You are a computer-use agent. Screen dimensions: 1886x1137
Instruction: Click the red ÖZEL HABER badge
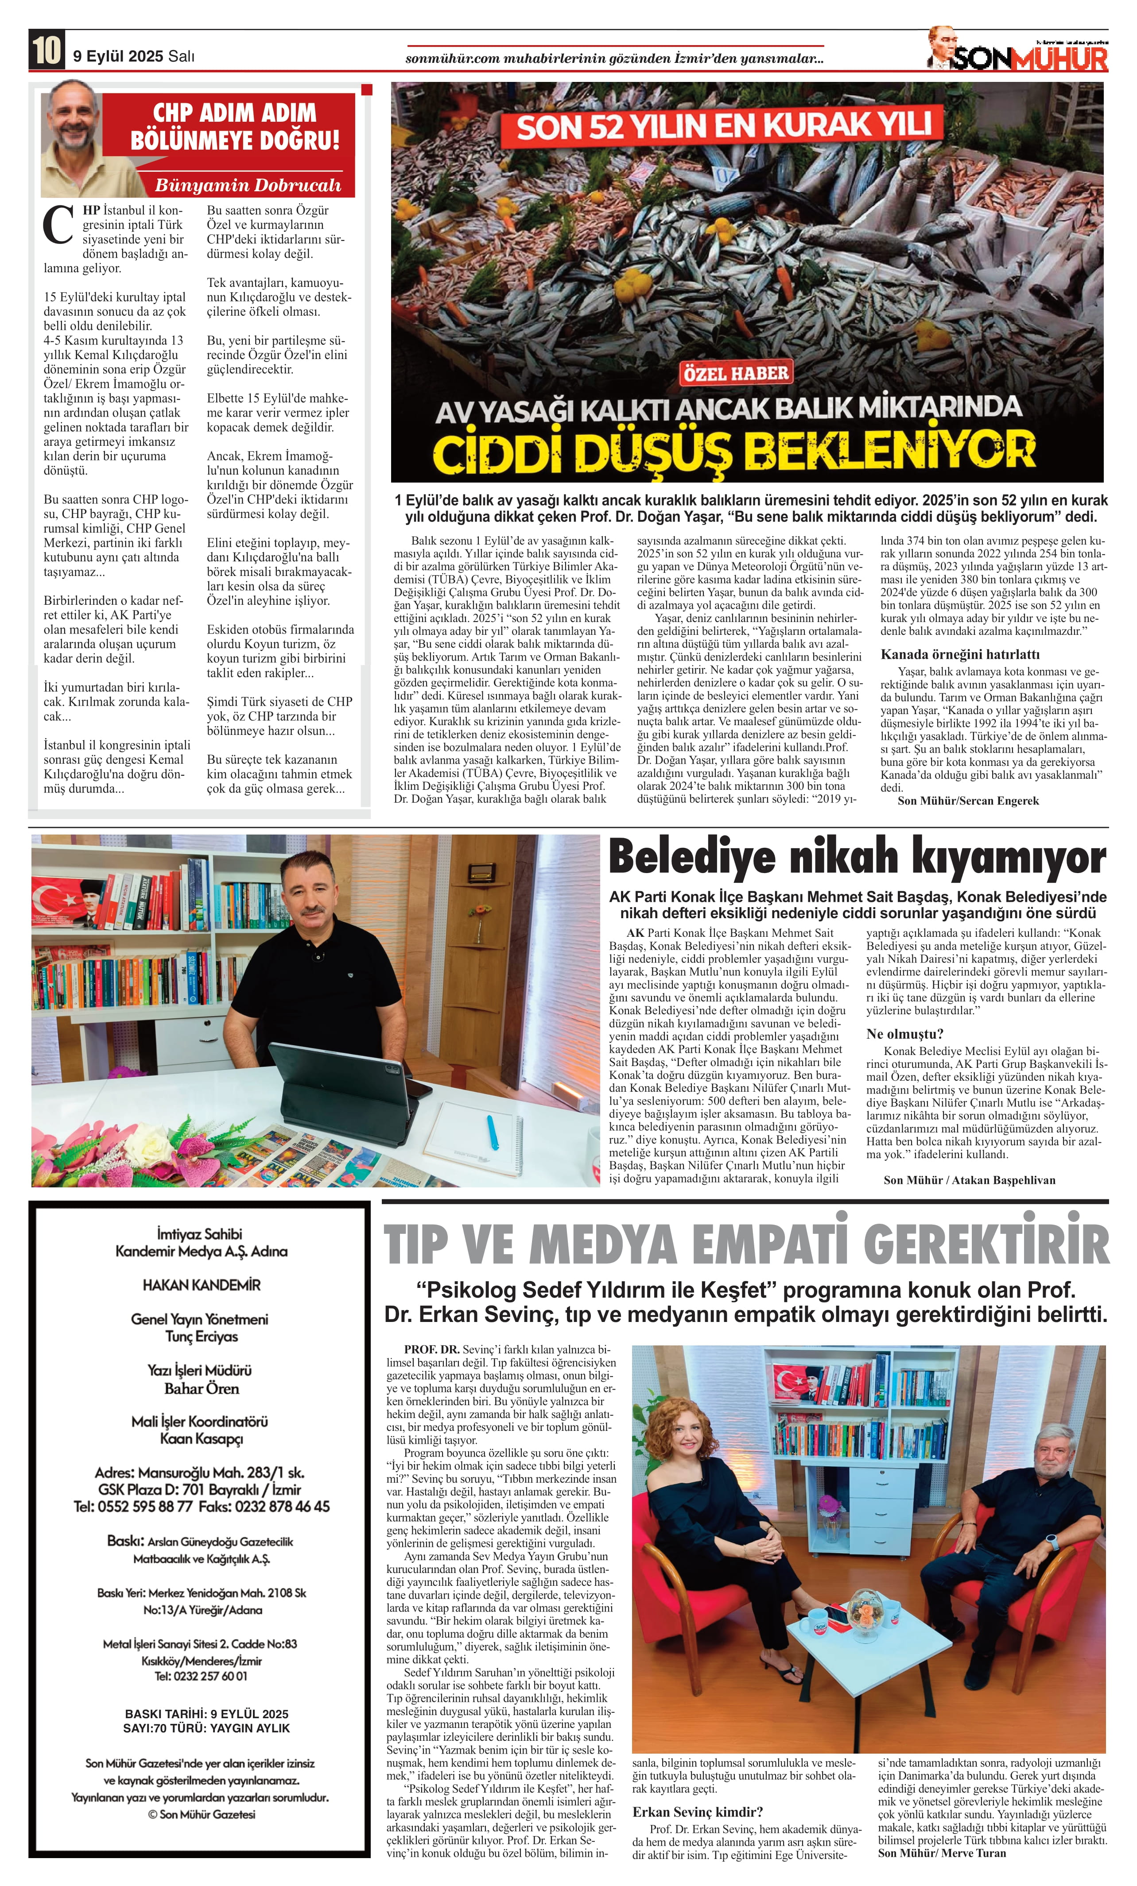point(735,374)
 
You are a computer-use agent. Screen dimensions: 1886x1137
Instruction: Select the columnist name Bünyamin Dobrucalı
point(247,185)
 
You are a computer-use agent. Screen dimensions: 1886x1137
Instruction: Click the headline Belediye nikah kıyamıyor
point(857,858)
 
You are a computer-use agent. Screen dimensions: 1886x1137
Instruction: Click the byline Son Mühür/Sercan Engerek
point(968,800)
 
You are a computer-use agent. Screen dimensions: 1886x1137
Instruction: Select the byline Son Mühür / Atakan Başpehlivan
point(969,1179)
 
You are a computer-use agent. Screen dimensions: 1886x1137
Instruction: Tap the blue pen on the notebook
point(493,1132)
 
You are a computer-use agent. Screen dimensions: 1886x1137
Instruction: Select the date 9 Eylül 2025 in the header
point(119,56)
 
